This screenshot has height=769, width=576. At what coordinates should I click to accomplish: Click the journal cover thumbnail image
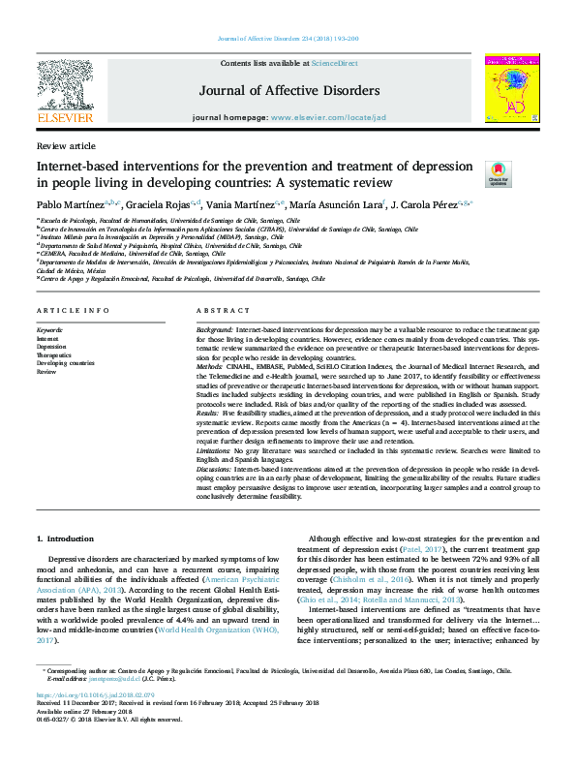click(512, 88)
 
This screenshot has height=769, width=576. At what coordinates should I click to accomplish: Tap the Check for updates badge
click(497, 173)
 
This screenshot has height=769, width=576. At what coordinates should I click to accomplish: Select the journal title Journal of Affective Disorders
click(288, 91)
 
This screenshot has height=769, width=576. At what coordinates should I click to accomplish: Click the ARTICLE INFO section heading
click(70, 310)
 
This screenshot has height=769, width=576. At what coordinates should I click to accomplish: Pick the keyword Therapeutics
click(54, 355)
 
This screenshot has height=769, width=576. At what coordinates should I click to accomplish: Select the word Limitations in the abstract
click(216, 449)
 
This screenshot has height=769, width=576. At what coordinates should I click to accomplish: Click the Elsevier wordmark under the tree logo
click(64, 117)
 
